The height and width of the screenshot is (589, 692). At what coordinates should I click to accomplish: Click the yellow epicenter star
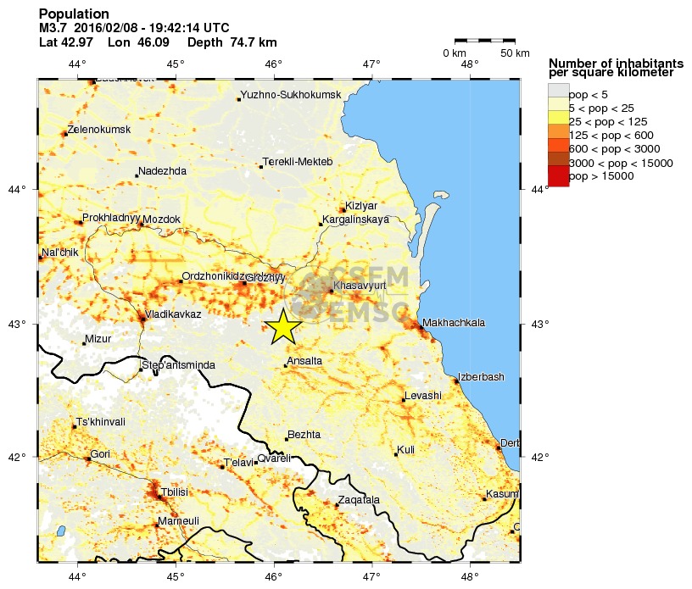coord(284,326)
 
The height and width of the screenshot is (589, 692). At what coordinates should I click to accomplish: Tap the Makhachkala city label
coord(454,323)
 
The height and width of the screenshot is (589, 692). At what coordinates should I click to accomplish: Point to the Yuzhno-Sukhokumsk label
coord(291,95)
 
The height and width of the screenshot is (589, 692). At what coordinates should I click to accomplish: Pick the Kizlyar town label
coord(361,206)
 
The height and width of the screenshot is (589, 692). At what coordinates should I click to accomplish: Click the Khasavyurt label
coord(360,286)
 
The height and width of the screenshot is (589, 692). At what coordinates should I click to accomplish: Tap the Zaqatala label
coord(359,500)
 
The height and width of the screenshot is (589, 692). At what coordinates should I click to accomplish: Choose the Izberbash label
coord(481,377)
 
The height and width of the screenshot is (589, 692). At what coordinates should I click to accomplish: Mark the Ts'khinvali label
coord(101,422)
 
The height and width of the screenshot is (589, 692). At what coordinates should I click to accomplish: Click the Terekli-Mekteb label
coord(298,162)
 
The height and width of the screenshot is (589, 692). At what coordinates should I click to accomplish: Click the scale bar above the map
coord(484,40)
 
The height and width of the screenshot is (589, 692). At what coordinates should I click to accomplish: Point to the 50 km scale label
coord(514,53)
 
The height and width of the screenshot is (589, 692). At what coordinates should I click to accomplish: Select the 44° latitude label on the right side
coord(539,189)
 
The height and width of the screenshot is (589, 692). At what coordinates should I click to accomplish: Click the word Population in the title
coord(74,14)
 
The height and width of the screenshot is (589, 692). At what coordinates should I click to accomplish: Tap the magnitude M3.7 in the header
coord(53,28)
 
